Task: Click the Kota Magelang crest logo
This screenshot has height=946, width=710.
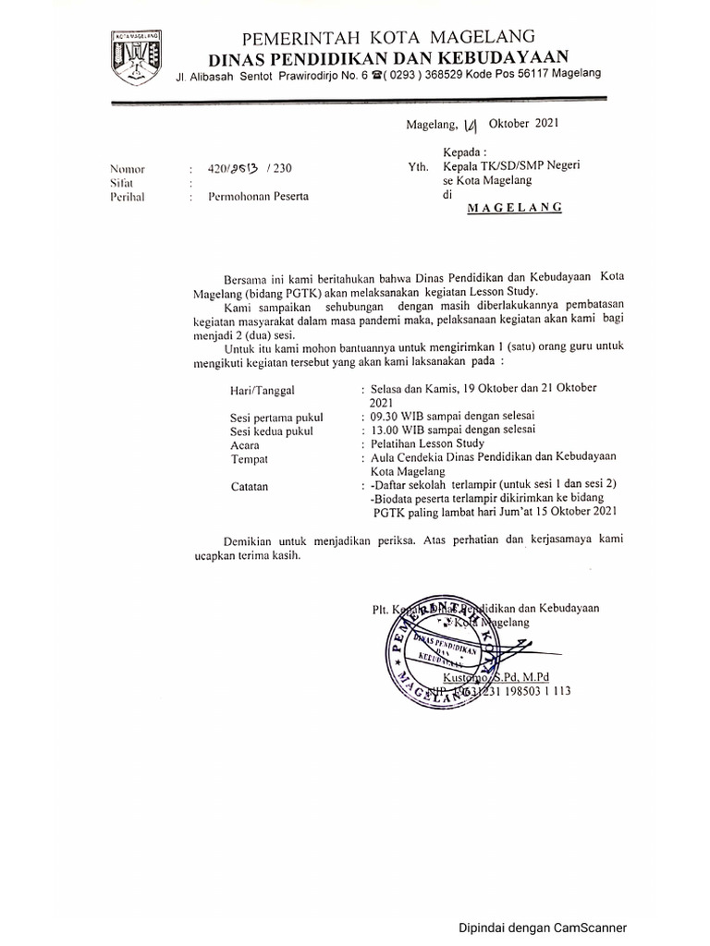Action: pyautogui.click(x=136, y=57)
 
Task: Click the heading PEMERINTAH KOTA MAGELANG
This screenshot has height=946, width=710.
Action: pyautogui.click(x=388, y=38)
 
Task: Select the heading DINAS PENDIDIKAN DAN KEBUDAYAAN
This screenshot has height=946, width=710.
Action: pyautogui.click(x=387, y=56)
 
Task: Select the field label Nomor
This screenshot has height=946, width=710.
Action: pyautogui.click(x=128, y=169)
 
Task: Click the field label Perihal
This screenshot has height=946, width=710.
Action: pyautogui.click(x=128, y=197)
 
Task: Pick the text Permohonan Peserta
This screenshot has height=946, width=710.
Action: pyautogui.click(x=259, y=197)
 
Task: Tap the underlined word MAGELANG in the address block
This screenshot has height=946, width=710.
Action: pyautogui.click(x=515, y=208)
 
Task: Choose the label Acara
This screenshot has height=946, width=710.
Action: pyautogui.click(x=244, y=444)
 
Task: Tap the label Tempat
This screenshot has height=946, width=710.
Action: pyautogui.click(x=249, y=458)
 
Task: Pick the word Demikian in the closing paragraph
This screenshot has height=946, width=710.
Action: pyautogui.click(x=251, y=540)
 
